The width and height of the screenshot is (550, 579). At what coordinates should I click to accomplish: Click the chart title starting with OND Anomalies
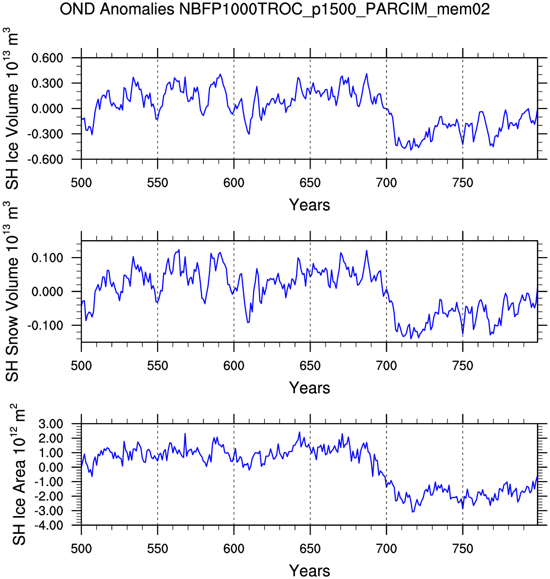[x=274, y=9]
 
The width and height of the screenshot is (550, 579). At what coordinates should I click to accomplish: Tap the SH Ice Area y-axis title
[x=18, y=474]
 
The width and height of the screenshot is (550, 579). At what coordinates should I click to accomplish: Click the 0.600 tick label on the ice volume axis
[x=47, y=58]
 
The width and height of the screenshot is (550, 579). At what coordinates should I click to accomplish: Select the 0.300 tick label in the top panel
[x=47, y=83]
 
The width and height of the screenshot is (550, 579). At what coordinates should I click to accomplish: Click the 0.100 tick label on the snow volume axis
[x=47, y=258]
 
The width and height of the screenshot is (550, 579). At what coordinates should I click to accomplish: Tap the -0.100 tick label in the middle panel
[x=45, y=325]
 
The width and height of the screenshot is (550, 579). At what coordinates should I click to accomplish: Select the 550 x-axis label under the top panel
[x=158, y=183]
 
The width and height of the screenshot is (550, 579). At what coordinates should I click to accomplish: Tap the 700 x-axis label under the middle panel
[x=386, y=366]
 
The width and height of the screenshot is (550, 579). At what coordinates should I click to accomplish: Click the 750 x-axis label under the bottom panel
[x=463, y=549]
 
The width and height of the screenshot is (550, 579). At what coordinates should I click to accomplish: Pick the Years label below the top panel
[x=310, y=205]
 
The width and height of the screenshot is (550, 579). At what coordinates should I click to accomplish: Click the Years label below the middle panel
[x=310, y=388]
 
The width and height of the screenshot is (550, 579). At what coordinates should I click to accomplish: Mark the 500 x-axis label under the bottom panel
[x=81, y=549]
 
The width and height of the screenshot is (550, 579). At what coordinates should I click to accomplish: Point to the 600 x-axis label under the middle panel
[x=234, y=366]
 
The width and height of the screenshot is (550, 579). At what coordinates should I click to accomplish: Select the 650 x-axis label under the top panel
[x=310, y=183]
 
